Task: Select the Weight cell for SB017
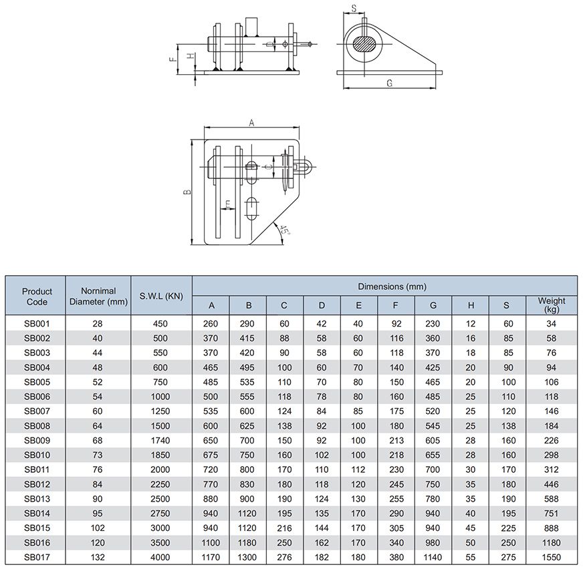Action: coord(552,557)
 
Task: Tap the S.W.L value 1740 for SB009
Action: coord(161,441)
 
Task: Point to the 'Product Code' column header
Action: coord(37,297)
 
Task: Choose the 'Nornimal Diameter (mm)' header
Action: coord(98,297)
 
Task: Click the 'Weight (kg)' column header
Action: coord(552,305)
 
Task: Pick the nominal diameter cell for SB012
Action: coord(98,484)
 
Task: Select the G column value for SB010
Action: coord(432,455)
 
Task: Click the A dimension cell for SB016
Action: coord(211,542)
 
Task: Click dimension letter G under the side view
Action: coord(388,82)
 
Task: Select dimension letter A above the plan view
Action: coord(251,123)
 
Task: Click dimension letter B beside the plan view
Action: coord(189,192)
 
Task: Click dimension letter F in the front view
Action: coord(172,59)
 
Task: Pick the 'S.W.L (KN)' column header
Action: coord(161,297)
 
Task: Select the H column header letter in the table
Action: coord(471,306)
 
